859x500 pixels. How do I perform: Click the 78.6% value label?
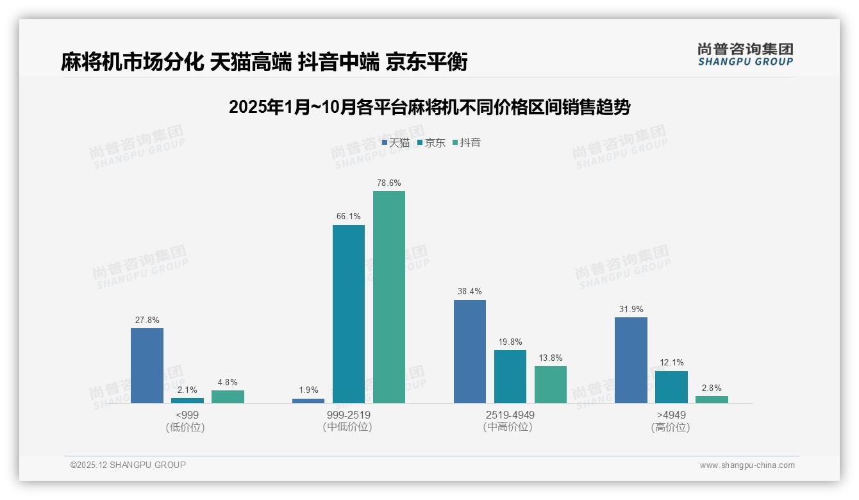tap(389, 183)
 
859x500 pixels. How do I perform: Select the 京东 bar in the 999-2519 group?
tap(348, 314)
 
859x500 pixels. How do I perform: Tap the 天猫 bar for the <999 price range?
tap(147, 365)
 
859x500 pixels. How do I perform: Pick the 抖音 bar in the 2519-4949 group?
tap(551, 385)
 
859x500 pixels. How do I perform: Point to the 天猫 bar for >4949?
tap(631, 360)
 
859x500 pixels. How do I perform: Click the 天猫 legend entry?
tap(396, 143)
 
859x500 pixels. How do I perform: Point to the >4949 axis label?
tap(671, 415)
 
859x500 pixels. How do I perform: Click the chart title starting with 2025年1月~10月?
tap(429, 107)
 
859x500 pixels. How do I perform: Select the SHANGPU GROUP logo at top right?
tap(745, 54)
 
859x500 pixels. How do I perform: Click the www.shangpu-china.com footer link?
tap(747, 465)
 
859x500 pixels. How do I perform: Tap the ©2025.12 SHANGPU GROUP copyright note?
tap(128, 465)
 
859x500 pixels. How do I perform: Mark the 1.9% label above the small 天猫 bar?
tap(308, 390)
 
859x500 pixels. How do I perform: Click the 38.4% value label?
tap(470, 291)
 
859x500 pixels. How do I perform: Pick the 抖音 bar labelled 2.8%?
tap(712, 399)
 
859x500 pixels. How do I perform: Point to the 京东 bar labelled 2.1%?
tap(187, 401)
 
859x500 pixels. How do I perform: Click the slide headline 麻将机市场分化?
tap(132, 62)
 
